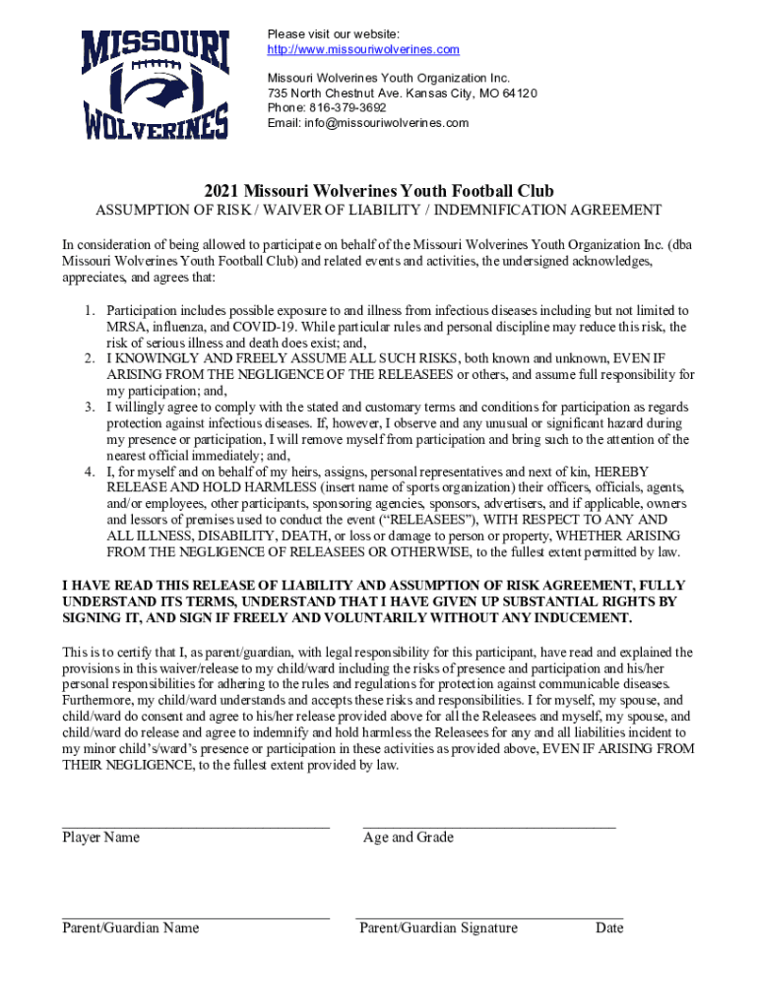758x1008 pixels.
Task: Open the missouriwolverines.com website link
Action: coord(363,50)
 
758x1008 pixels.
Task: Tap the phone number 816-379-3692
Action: coord(344,108)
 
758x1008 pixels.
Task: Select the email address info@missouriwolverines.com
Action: coord(368,123)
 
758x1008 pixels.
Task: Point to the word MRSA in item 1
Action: coord(123,327)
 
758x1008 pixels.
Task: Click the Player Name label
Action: coord(101,838)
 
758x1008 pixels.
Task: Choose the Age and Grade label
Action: coord(409,838)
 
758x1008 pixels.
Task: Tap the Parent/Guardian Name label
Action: coord(131,928)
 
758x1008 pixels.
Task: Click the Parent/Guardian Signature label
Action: coord(438,928)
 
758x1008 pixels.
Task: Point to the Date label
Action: coord(609,928)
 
